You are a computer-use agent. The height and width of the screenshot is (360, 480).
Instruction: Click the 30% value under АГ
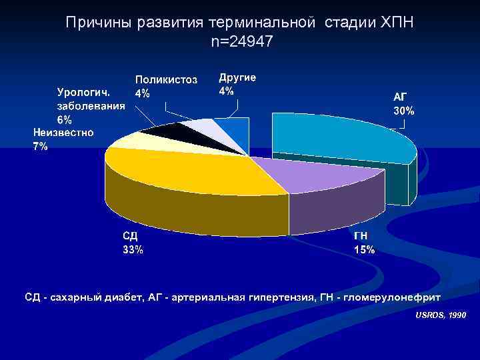(403, 111)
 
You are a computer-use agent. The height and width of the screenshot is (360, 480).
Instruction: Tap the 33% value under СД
(132, 250)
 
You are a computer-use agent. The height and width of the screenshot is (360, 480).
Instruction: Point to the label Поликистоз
(166, 80)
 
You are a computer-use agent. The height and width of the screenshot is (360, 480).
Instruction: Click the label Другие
(237, 77)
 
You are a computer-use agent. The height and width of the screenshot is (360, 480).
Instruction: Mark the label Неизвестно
(63, 133)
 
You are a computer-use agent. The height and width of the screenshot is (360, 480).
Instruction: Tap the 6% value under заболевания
(65, 121)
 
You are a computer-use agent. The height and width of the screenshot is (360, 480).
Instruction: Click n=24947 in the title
(241, 42)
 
